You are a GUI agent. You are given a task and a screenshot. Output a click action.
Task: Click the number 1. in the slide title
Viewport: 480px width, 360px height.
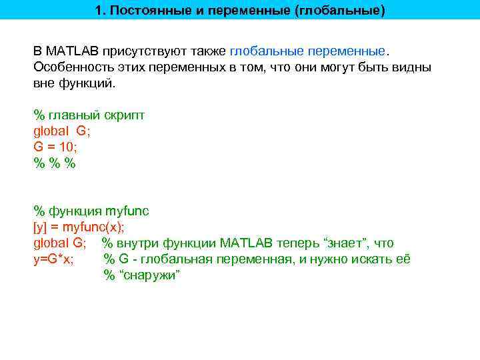[x=101, y=11]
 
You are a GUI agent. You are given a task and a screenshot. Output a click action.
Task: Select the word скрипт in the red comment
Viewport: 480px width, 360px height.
[x=123, y=115]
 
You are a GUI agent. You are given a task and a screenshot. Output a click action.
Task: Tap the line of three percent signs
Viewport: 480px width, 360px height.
[x=55, y=163]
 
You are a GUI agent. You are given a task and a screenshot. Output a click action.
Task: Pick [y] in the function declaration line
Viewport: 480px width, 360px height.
[x=41, y=227]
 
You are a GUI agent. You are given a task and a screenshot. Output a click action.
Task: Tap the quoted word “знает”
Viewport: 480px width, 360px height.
[x=347, y=243]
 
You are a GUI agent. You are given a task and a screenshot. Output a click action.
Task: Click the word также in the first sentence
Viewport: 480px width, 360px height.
[x=205, y=52]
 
